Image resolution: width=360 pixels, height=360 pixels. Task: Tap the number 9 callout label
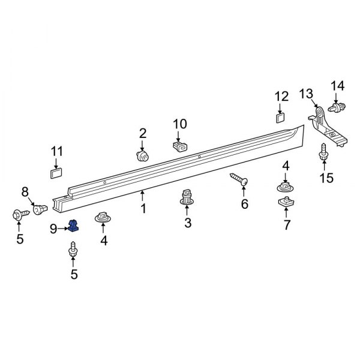[53, 228]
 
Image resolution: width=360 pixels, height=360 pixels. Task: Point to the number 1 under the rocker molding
[143, 209]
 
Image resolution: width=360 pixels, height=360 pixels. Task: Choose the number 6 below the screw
[244, 204]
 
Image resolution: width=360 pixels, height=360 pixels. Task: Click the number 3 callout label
[187, 224]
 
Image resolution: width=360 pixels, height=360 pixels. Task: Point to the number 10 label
[180, 124]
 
